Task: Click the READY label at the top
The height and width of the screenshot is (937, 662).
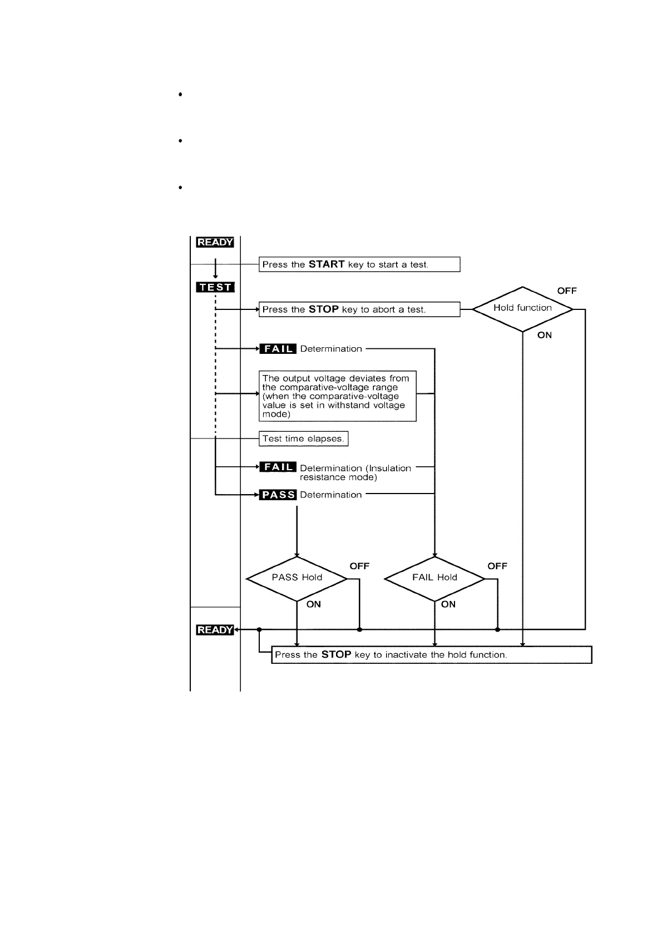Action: [x=215, y=242]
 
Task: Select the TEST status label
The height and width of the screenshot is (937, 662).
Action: [x=215, y=287]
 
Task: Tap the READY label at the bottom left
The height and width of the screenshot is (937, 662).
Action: [x=215, y=630]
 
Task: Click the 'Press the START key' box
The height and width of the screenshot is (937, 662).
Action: [x=359, y=264]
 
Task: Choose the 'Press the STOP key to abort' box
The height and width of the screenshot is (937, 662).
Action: [x=359, y=309]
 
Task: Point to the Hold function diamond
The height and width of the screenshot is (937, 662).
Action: [x=522, y=309]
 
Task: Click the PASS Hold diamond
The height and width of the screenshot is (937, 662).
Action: [x=297, y=578]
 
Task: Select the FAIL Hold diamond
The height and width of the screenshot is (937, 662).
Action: [x=434, y=578]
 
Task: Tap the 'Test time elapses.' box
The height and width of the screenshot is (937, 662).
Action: [x=303, y=438]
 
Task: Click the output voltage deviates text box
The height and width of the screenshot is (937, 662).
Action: [x=338, y=396]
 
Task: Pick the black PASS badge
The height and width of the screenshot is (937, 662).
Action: [x=278, y=495]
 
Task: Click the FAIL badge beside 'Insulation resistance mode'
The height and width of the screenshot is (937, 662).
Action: [x=278, y=467]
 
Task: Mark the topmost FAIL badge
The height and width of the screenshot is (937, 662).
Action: [x=278, y=349]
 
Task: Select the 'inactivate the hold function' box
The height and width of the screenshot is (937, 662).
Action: [x=431, y=655]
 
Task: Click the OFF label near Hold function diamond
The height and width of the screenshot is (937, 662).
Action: [x=567, y=291]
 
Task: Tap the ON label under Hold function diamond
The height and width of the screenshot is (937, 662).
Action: [x=545, y=335]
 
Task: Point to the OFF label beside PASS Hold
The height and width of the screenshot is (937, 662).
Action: [x=359, y=566]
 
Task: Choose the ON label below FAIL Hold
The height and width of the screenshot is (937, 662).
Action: [x=448, y=604]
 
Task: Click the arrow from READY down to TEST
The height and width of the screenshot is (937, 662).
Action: [x=215, y=270]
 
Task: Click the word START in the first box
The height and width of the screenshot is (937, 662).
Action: [x=327, y=264]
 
